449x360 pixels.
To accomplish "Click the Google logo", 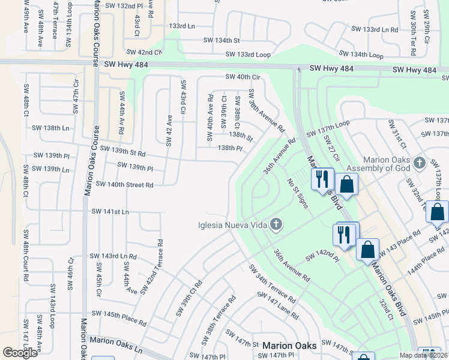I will tap(20, 353).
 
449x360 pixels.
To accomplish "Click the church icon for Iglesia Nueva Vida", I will tap(276, 225).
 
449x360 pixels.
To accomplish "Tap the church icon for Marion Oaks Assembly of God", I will tap(419, 163).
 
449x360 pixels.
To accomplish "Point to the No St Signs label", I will tap(297, 193).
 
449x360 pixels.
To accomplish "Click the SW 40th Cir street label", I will tap(243, 77).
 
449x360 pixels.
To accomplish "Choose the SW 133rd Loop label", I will tap(247, 55).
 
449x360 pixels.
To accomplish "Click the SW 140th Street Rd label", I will tap(124, 185).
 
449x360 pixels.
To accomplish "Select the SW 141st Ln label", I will tap(110, 212).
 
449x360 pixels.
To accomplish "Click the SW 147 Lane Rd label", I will tap(278, 304).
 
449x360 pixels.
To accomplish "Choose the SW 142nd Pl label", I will tap(322, 257).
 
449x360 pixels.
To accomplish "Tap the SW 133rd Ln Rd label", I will tap(375, 29).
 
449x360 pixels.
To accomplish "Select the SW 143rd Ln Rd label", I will tap(113, 256).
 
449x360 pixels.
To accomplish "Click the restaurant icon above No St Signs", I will tap(322, 178).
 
